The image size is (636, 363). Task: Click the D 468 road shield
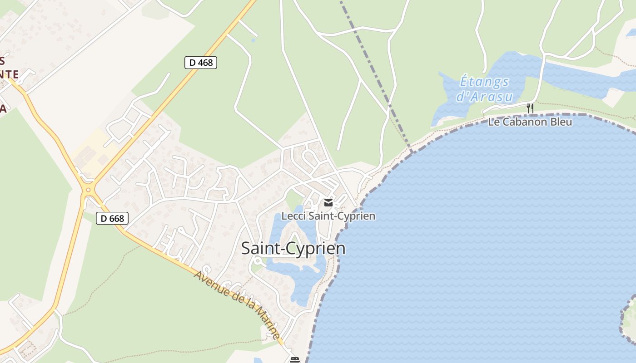click(200, 63)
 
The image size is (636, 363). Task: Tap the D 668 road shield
click(112, 218)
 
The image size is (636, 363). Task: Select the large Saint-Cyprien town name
click(293, 249)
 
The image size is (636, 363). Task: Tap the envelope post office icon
click(328, 203)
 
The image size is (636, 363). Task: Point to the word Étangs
click(484, 82)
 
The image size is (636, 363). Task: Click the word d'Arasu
click(484, 97)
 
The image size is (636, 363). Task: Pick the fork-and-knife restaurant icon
click(530, 108)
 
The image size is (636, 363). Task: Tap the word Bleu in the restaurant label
click(561, 122)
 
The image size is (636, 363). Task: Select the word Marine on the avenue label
click(268, 323)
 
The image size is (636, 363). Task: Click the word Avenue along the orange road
click(210, 282)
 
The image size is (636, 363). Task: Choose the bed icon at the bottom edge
click(295, 360)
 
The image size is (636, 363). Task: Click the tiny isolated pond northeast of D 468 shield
click(253, 40)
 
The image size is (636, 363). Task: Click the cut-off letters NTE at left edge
click(10, 74)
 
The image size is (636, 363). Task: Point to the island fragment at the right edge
click(629, 318)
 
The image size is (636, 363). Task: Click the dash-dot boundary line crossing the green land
click(373, 68)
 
